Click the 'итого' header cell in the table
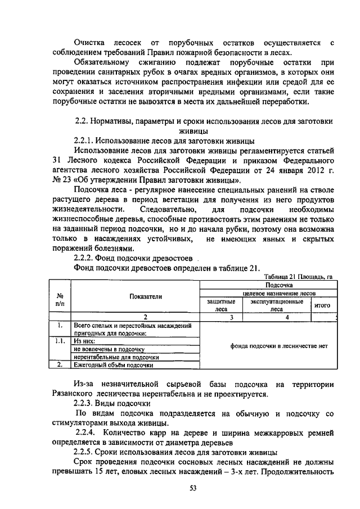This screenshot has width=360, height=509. pyautogui.click(x=322, y=305)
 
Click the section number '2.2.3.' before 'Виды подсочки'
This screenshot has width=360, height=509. pyautogui.click(x=87, y=403)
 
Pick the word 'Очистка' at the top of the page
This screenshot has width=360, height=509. pyautogui.click(x=91, y=42)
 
